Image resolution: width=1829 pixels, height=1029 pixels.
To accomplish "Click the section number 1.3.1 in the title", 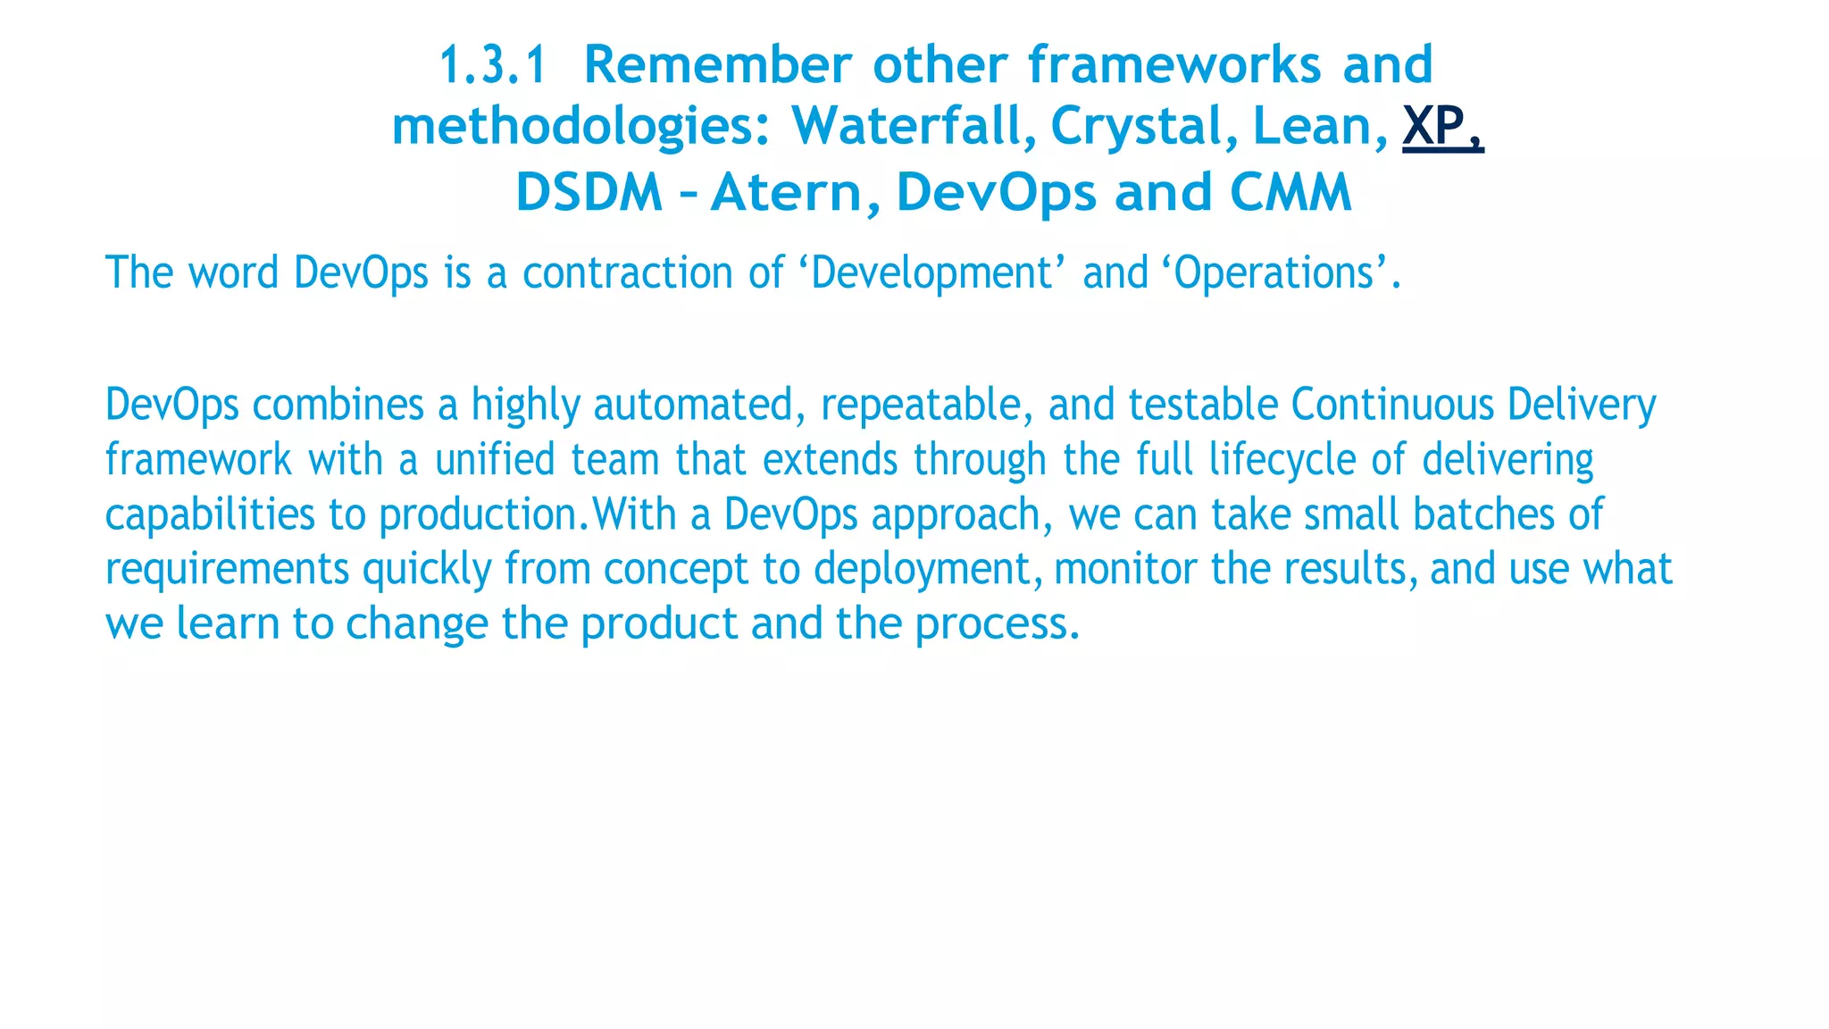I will pos(492,65).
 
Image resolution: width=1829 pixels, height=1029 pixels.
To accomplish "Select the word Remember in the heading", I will pos(717,65).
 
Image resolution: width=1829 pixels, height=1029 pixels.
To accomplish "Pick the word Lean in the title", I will pos(1319,126).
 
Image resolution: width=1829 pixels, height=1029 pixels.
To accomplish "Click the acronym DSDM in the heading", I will pos(589,192).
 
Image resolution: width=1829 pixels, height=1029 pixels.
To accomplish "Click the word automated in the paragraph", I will pos(693,405).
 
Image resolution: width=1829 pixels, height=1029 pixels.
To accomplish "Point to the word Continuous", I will pos(1392,405).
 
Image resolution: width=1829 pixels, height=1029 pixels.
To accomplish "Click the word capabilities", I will pos(210,515).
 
